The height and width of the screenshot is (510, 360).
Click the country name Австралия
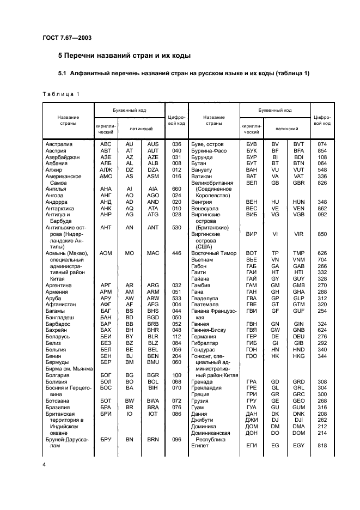tap(60, 144)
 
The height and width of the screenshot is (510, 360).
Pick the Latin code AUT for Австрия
tap(153, 150)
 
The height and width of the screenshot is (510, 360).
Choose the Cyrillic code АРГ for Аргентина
tap(106, 284)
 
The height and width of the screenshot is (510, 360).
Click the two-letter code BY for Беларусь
tap(130, 337)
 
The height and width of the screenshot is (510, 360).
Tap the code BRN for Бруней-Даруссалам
tap(153, 439)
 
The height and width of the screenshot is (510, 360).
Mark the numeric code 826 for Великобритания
tap(322, 183)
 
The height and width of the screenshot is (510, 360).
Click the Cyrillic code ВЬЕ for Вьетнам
tap(251, 259)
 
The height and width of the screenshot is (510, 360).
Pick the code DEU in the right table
tap(298, 337)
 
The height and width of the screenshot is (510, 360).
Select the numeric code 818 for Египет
tap(322, 445)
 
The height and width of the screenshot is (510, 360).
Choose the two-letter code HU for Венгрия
tap(275, 202)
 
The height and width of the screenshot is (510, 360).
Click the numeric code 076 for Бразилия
tap(176, 406)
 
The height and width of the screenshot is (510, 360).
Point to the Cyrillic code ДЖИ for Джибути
tap(251, 420)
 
